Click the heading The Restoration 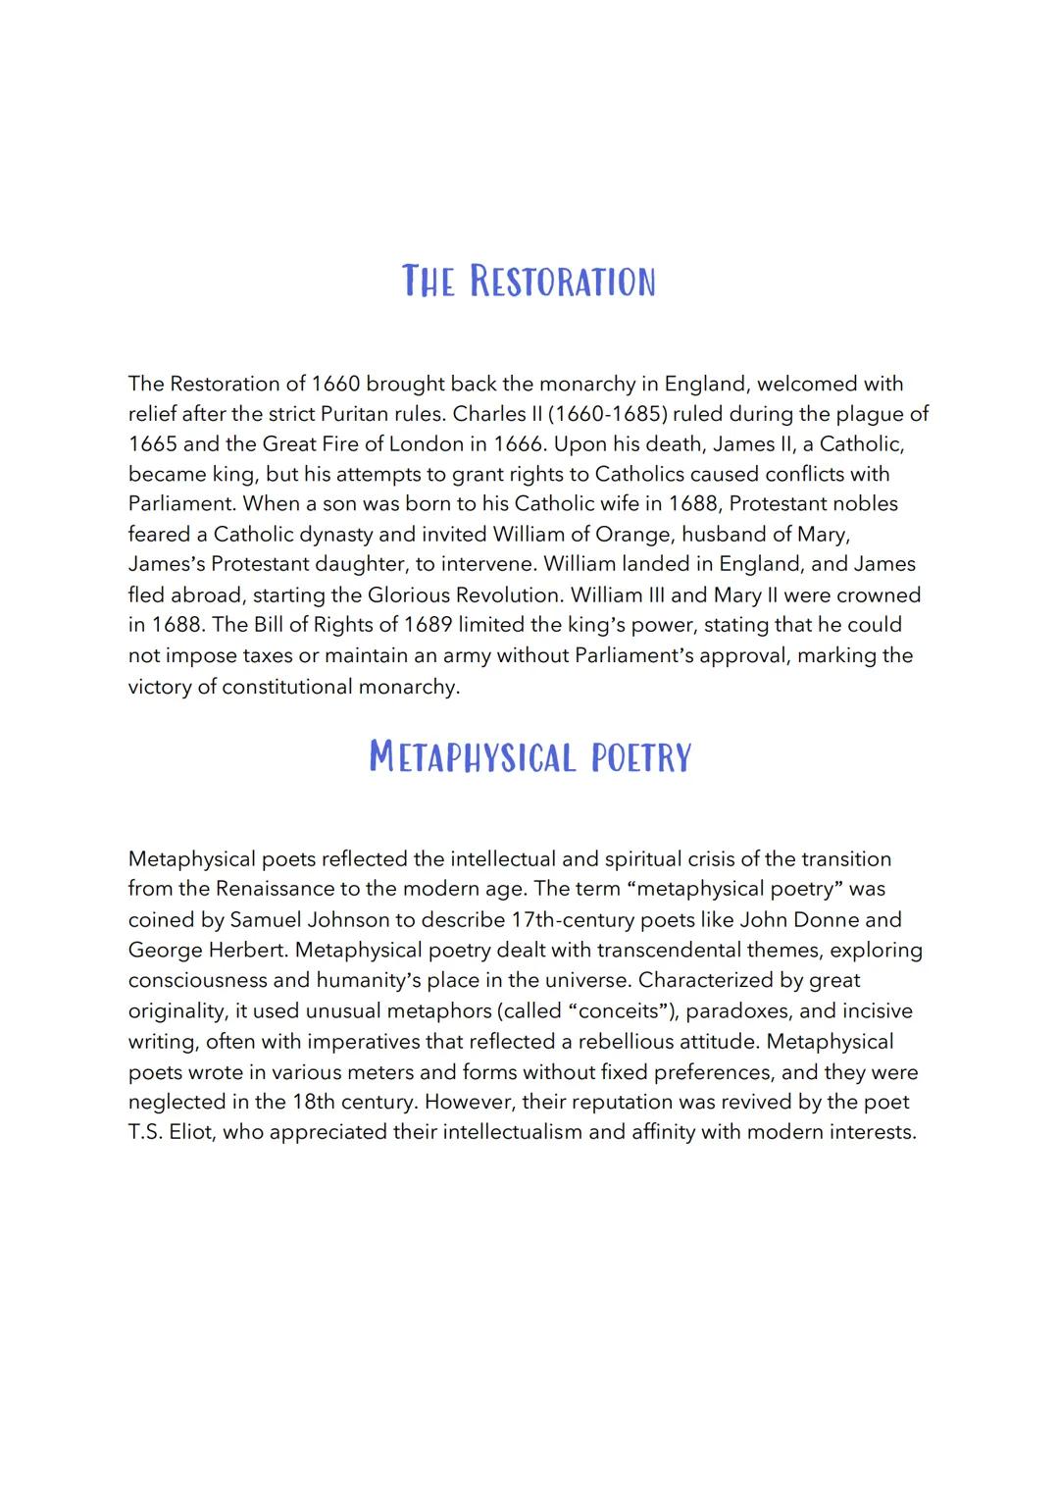[529, 281]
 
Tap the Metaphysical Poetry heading [529, 756]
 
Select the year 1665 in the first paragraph [152, 443]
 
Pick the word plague [867, 413]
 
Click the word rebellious [625, 1041]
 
